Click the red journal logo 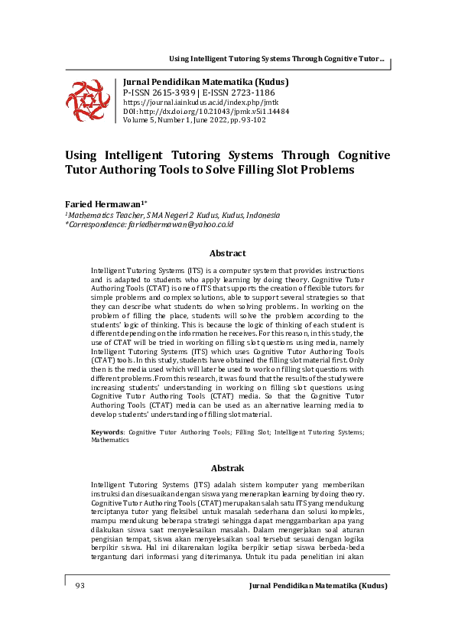88,100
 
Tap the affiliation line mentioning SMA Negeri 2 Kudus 173,215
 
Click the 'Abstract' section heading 227,253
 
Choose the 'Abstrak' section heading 227,467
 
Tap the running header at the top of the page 276,59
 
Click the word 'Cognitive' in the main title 353,154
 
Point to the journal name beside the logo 206,82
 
